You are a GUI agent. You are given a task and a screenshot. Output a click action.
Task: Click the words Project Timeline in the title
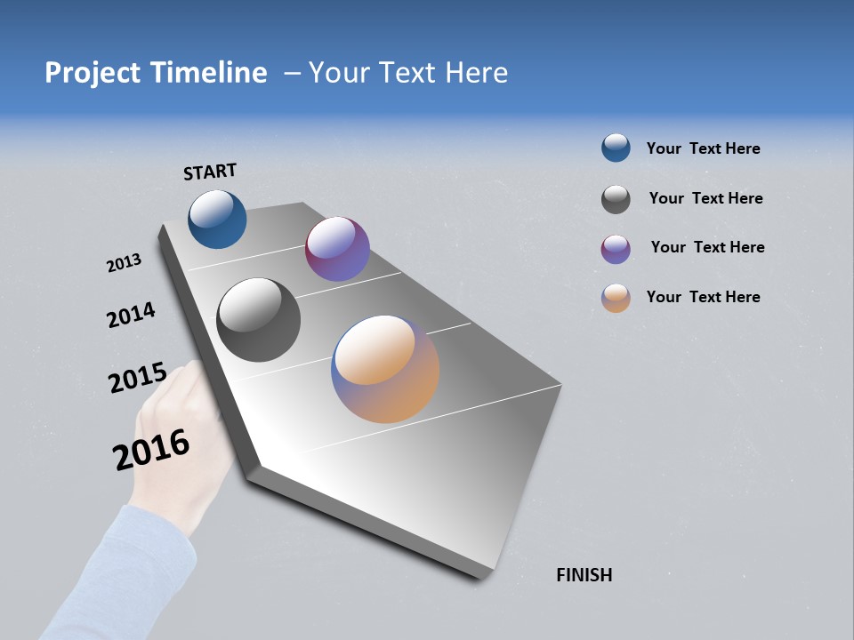(x=156, y=73)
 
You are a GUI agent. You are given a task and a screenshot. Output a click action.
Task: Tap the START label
(x=210, y=172)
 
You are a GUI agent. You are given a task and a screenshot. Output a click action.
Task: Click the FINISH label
(x=584, y=575)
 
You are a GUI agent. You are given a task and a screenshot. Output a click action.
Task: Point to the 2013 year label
(x=124, y=263)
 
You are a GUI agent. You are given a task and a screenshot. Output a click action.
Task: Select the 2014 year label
(x=131, y=315)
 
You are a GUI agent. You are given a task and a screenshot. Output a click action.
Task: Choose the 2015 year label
(x=137, y=378)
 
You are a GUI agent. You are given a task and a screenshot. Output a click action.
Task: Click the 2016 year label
(x=151, y=449)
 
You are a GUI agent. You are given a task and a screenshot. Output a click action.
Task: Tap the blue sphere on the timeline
(x=217, y=219)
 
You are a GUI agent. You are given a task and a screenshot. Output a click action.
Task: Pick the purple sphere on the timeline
(x=337, y=249)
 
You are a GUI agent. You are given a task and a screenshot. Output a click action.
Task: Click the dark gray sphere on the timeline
(x=258, y=320)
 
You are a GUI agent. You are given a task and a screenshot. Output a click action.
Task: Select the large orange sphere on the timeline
(x=385, y=369)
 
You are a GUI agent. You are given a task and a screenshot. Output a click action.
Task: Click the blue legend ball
(x=616, y=148)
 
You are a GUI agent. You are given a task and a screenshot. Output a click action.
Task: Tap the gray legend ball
(x=616, y=199)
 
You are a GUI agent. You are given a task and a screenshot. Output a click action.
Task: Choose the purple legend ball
(x=616, y=249)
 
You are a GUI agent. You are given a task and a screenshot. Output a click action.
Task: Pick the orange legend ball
(x=616, y=298)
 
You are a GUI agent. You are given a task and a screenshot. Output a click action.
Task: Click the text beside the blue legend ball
(x=703, y=148)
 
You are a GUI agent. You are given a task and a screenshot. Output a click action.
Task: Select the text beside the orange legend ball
(x=703, y=297)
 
